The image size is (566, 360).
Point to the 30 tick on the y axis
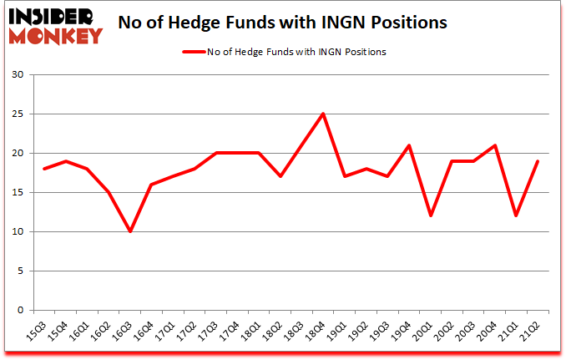[18, 75]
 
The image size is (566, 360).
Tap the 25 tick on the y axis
[18, 114]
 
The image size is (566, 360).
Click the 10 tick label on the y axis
[18, 232]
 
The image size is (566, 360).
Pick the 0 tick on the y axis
[21, 311]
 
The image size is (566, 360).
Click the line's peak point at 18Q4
[323, 114]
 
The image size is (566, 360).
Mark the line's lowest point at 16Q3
[129, 232]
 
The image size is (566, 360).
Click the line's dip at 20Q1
[432, 216]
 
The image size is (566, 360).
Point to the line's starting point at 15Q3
[43, 169]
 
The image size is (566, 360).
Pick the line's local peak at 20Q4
[496, 145]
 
